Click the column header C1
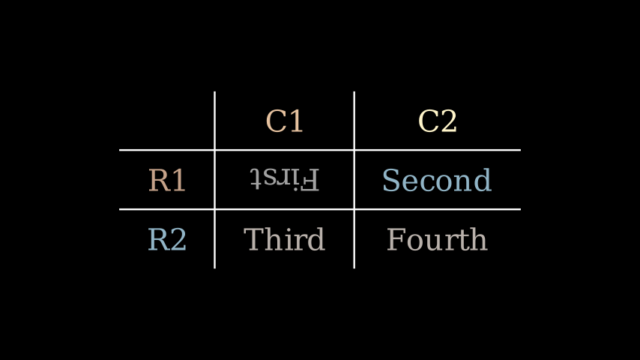pos(284,121)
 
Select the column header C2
pos(437,121)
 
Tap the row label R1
pos(166,181)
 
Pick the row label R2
pos(166,240)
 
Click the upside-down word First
pos(284,179)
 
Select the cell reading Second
pos(436,181)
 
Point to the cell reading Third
pos(284,240)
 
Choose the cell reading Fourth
pos(436,240)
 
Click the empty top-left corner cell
pos(166,121)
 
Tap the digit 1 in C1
pos(295,121)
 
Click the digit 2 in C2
pos(448,121)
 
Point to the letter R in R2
pos(157,240)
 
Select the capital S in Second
pos(390,181)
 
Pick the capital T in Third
pos(253,240)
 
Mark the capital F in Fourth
pos(395,240)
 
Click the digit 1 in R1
pos(178,181)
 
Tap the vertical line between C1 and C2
pos(354,121)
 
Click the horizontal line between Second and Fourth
pos(436,209)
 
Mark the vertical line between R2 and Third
pos(215,240)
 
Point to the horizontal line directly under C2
pos(437,150)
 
